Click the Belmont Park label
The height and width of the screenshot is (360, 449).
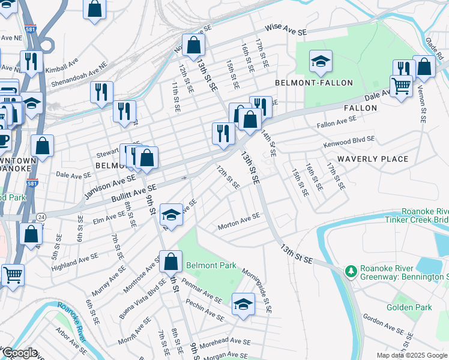tap(211, 265)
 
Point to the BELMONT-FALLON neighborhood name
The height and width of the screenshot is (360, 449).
tap(314, 82)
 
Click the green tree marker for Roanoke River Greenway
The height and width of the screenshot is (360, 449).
tap(351, 272)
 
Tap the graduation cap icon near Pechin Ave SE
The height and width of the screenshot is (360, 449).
tap(243, 305)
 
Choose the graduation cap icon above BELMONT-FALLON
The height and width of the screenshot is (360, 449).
tap(321, 61)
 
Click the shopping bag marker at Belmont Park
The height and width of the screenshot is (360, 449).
tap(171, 262)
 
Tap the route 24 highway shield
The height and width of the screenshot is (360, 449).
tap(41, 216)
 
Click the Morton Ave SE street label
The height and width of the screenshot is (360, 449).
tap(239, 220)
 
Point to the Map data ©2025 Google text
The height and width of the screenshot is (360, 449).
tap(412, 355)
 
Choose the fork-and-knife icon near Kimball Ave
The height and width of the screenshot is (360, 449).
tap(29, 62)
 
